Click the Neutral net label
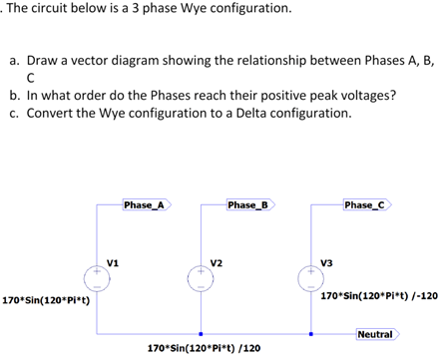[374, 333]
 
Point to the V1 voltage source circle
[97, 276]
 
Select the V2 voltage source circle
[203, 276]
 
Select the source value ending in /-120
[378, 296]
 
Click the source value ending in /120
[203, 349]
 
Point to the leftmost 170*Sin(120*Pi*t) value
[46, 299]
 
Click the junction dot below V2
[203, 334]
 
